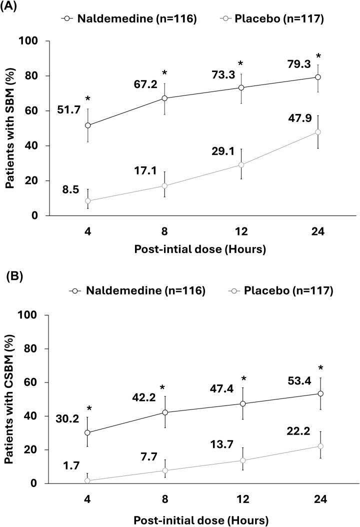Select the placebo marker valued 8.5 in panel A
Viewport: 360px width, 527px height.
pyautogui.click(x=88, y=201)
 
